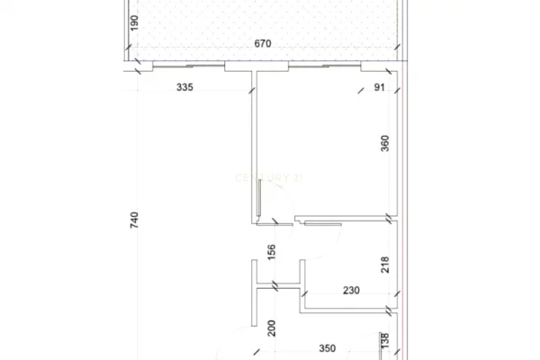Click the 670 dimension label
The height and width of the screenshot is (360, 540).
click(x=262, y=44)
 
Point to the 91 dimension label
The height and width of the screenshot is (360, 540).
click(x=378, y=87)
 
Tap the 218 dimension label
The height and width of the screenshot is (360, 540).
click(x=384, y=265)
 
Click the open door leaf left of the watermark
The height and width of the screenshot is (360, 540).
click(x=260, y=197)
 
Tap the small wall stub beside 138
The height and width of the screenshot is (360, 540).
click(x=378, y=346)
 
